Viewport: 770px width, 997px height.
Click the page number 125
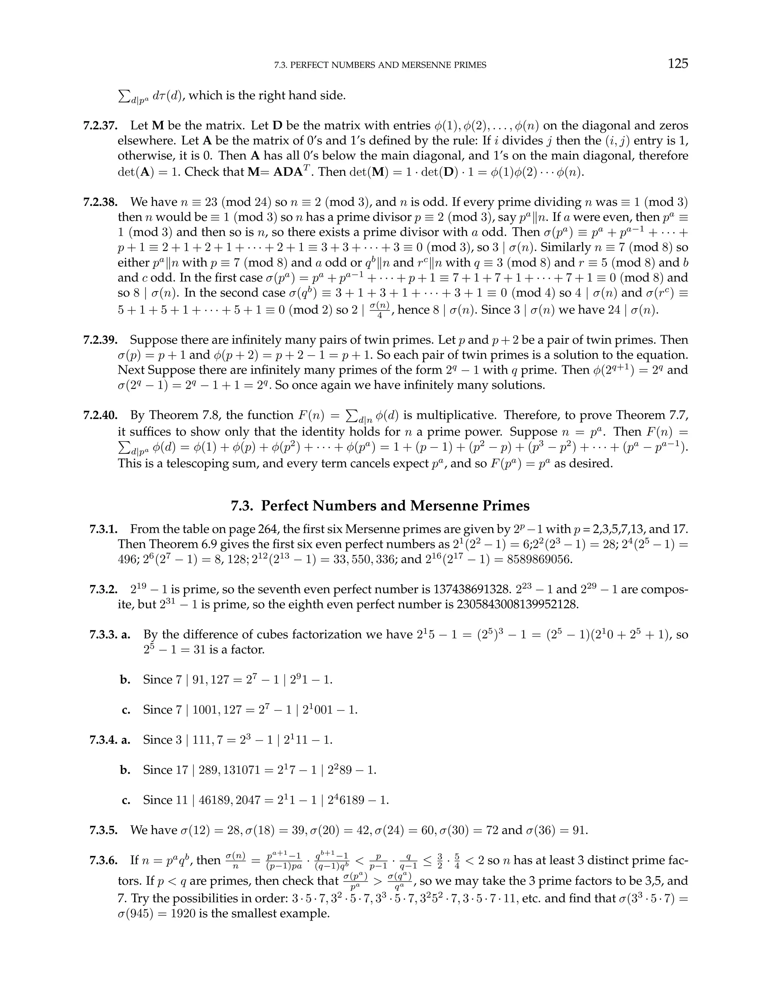pos(678,64)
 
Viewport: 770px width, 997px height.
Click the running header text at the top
pos(380,65)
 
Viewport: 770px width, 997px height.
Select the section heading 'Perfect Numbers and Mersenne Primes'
pos(380,505)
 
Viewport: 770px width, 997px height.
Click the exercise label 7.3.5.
pos(103,830)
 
